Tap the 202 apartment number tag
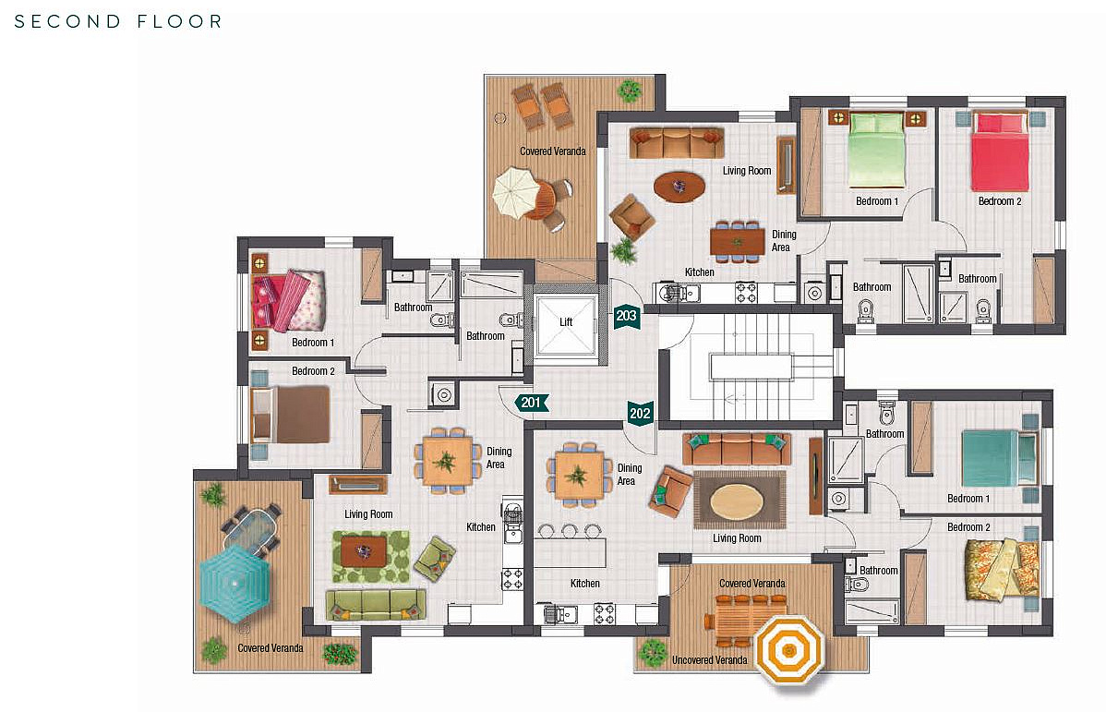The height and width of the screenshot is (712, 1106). click(x=640, y=414)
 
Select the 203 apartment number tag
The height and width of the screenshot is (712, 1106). click(x=626, y=317)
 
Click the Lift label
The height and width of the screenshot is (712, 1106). click(x=566, y=321)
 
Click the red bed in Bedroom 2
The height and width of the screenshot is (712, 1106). click(x=1000, y=151)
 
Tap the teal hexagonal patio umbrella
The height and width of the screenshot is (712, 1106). click(x=234, y=581)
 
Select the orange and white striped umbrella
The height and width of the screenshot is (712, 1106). click(x=788, y=648)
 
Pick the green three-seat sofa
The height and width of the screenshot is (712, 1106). click(x=376, y=605)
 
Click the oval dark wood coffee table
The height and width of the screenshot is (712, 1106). click(x=679, y=187)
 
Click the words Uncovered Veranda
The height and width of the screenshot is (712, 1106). click(x=710, y=660)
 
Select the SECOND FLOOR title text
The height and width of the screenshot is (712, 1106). click(x=118, y=21)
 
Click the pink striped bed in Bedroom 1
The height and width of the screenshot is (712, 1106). click(x=289, y=301)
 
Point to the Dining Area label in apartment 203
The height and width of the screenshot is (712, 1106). click(x=784, y=241)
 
